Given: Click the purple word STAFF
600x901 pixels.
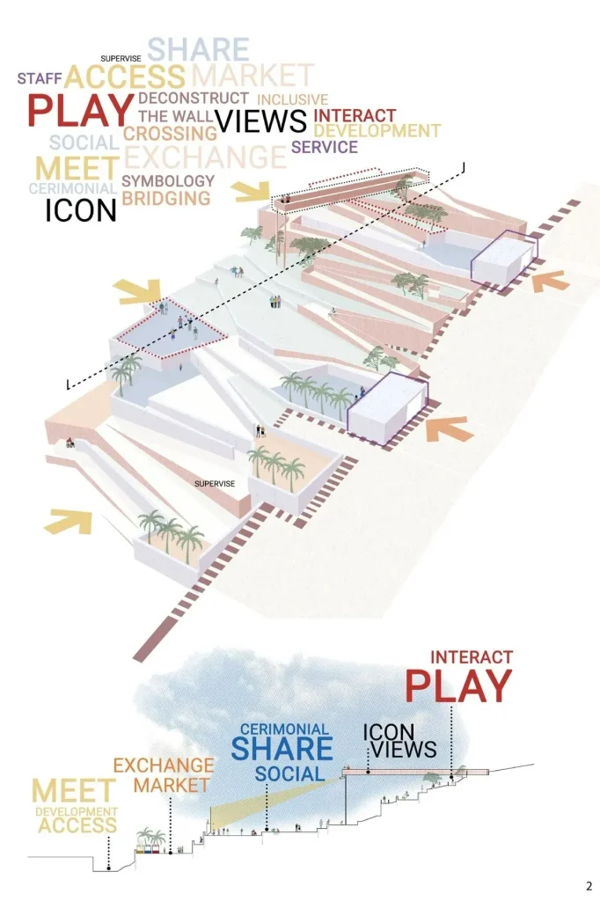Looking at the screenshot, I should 40,78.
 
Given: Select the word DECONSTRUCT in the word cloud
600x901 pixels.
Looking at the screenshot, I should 194,98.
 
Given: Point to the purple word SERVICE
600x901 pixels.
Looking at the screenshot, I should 324,147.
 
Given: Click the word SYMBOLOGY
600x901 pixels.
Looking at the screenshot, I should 168,181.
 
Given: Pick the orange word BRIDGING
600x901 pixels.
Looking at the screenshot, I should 166,199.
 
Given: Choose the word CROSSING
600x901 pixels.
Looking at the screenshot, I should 170,133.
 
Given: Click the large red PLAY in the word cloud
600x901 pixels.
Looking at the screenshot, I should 79,112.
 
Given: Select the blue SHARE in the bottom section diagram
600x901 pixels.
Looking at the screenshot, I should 282,749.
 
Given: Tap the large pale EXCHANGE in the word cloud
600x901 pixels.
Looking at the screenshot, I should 205,157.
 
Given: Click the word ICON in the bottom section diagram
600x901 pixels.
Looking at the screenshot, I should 390,731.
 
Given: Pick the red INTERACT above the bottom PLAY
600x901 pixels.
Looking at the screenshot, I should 472,657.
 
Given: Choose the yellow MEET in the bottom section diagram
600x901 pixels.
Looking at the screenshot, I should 75,791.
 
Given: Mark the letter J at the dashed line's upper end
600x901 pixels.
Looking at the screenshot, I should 463,165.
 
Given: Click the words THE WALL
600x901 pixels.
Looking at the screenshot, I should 172,116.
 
